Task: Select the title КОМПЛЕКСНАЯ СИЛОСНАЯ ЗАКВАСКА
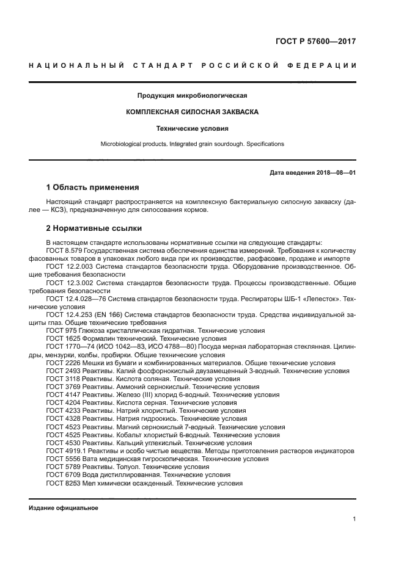pyautogui.click(x=192, y=112)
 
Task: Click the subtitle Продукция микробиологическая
pyautogui.click(x=192, y=96)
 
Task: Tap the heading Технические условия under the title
pyautogui.click(x=192, y=129)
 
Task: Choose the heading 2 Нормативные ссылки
pyautogui.click(x=94, y=228)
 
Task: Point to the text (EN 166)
pyautogui.click(x=107, y=315)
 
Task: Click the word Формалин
pyautogui.click(x=94, y=338)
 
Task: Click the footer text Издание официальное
pyautogui.click(x=64, y=507)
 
